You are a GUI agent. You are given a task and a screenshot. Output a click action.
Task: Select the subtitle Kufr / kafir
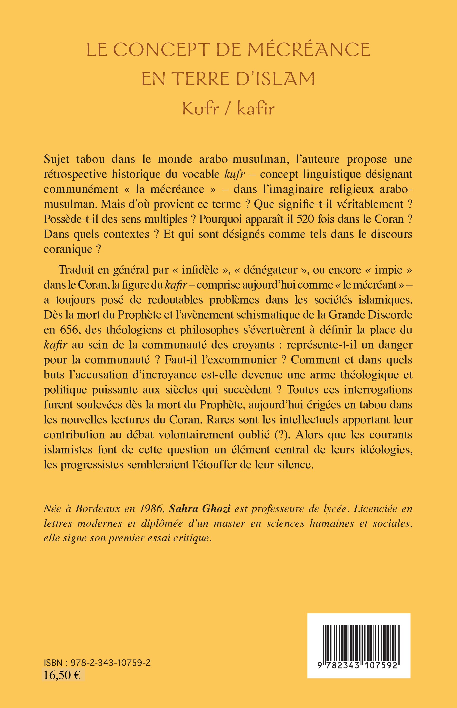tap(228, 109)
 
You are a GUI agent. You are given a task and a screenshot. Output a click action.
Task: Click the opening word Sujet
tap(56, 160)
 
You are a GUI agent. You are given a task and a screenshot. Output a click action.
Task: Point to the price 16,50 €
tap(62, 675)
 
